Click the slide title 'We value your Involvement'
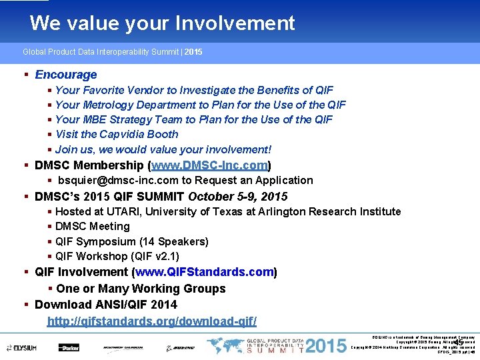coord(162,23)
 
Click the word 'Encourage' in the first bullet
coord(65,75)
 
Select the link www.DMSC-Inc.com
coord(210,165)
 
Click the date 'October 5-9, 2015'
coord(238,197)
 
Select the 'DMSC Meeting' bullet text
coord(93,227)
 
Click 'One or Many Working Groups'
coord(141,289)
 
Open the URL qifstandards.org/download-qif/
coord(151,321)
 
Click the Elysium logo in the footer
coord(23,347)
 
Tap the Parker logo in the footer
coord(69,347)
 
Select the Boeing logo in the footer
coord(180,347)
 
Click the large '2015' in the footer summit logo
coord(327,346)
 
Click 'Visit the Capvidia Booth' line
coord(117,134)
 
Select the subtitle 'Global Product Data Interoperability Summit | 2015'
coord(113,51)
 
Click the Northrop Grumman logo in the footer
coord(124,347)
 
